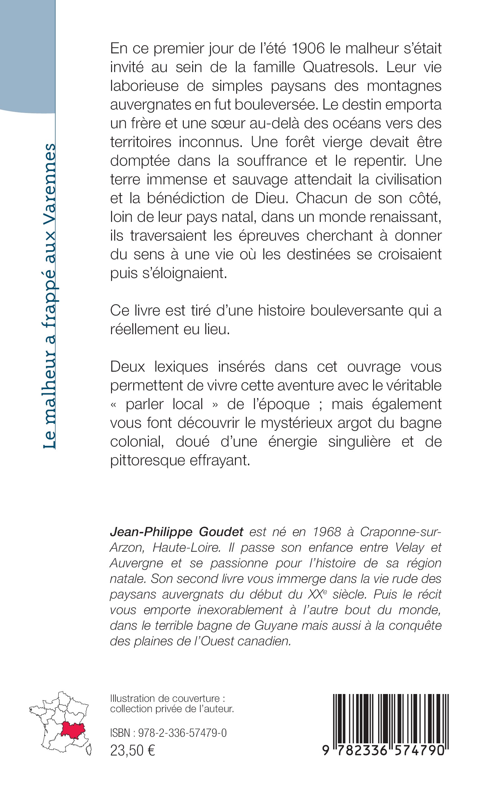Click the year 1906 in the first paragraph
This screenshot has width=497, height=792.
(308, 48)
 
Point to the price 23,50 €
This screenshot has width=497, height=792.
(133, 757)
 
